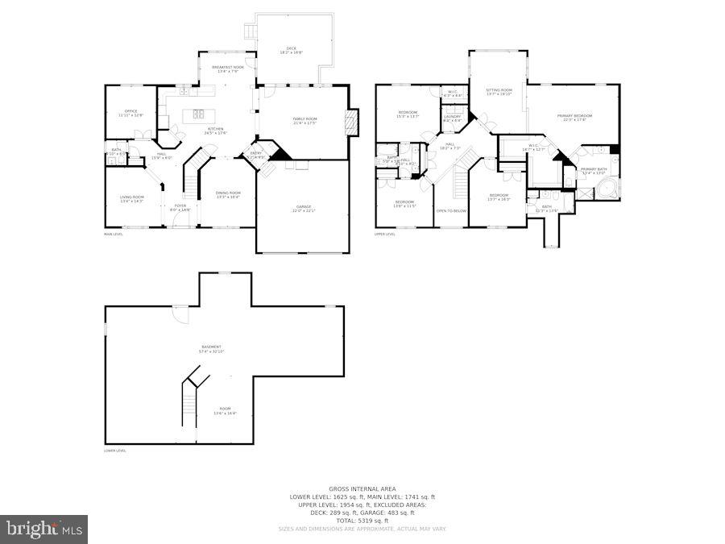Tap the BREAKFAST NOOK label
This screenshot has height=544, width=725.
[228, 68]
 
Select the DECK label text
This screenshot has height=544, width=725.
[292, 49]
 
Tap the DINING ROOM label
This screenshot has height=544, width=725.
[228, 193]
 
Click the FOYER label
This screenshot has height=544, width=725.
[180, 206]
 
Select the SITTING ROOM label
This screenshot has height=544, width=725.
[499, 91]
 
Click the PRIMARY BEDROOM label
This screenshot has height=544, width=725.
[572, 117]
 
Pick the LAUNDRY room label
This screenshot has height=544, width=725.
[452, 117]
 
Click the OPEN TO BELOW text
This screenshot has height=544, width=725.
[451, 211]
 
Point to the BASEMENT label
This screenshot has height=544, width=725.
[211, 348]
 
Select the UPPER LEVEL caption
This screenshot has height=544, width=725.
[385, 235]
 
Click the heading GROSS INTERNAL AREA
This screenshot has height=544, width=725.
[362, 489]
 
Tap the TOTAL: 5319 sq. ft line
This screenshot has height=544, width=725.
[362, 521]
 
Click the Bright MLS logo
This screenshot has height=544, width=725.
[44, 529]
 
